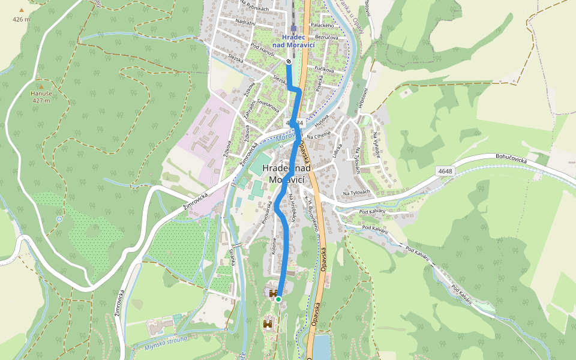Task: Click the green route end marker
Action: coord(278,298)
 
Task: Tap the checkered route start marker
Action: coord(289,61)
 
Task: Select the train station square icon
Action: coord(294,28)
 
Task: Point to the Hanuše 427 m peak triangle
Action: coord(41,86)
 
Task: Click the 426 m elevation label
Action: coord(21,19)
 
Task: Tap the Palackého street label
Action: coord(322,25)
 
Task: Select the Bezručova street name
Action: coord(326,38)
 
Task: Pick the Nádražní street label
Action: coord(246,22)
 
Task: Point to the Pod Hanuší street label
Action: coord(263,48)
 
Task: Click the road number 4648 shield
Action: coord(445,172)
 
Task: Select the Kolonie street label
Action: coord(274,247)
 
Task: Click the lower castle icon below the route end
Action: coord(268,324)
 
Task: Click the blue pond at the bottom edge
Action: coord(321,348)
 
